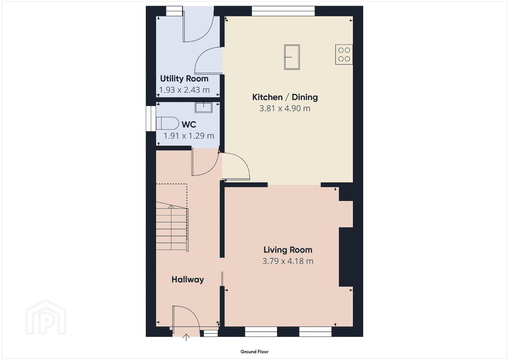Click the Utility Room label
pos(184,79)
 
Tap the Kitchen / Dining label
pos(285,97)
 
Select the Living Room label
pos(288,250)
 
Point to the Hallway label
pos(188,280)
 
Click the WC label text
pos(189,124)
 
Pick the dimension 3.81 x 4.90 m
pos(285,108)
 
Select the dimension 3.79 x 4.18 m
pos(288,261)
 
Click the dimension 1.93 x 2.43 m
pos(184,90)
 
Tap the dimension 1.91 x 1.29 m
pos(189,136)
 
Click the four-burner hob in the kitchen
pos(344,55)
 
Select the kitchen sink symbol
pos(292,57)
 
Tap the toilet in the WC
pos(167,123)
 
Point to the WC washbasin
pos(203,107)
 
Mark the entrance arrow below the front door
pos(186,337)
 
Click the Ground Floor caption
pos(255,352)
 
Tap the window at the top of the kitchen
pos(283,11)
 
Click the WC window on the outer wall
pos(151,119)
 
